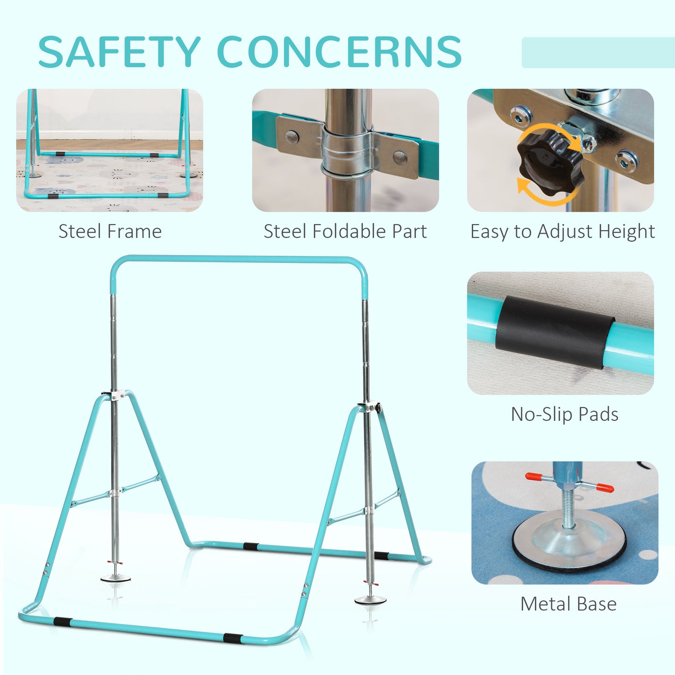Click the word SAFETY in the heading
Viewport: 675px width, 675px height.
click(119, 51)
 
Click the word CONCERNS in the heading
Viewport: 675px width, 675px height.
click(340, 51)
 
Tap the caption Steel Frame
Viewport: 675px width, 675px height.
click(110, 231)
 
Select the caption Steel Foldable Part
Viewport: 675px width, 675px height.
click(345, 231)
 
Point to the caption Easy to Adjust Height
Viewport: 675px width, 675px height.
click(562, 232)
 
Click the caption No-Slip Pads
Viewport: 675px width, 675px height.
click(565, 414)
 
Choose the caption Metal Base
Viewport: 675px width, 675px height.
click(568, 604)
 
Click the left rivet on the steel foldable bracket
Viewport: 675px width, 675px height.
click(291, 137)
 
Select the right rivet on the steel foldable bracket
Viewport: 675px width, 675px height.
click(400, 157)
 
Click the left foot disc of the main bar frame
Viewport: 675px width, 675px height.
click(115, 578)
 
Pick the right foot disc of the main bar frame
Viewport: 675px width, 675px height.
click(370, 600)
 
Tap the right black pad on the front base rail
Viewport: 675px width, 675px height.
click(232, 638)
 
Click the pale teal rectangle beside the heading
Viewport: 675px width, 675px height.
click(598, 52)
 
